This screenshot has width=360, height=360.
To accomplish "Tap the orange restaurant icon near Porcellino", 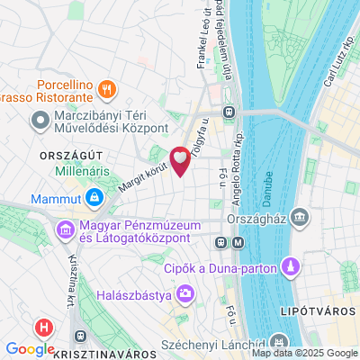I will pos(107,87).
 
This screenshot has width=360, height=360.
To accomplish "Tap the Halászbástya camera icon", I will pos(185,292).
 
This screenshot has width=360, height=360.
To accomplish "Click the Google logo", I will pos(30,349).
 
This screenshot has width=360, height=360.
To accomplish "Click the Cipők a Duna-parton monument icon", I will pos(292,266).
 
